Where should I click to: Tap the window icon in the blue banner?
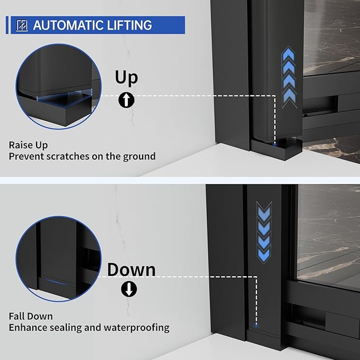(22, 25)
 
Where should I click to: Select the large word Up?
(127, 78)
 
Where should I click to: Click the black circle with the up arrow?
(126, 100)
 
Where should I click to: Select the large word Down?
(131, 269)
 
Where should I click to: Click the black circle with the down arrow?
(129, 289)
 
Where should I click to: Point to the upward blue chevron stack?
(288, 77)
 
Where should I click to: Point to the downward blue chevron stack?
(264, 232)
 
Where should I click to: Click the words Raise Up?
(28, 145)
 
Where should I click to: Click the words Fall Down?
(31, 317)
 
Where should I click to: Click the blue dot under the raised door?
(274, 144)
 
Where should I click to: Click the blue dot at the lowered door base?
(257, 325)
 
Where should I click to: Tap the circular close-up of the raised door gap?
(58, 86)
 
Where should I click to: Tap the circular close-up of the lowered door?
(58, 259)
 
